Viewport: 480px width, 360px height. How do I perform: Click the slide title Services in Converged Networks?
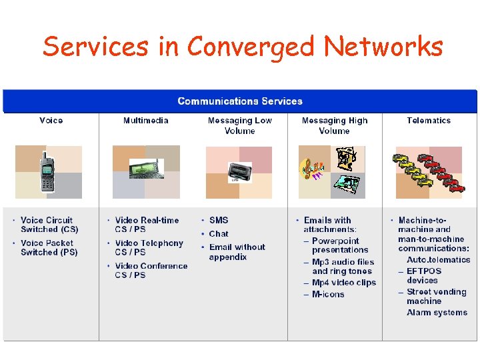[x=243, y=47]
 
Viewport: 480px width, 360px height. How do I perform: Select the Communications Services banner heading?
[x=240, y=101]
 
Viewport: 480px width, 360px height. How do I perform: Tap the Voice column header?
[x=51, y=121]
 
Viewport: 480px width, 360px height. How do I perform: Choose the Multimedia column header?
[x=146, y=121]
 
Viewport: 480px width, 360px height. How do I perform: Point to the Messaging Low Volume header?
[x=240, y=126]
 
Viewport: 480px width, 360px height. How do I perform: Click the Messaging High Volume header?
[x=335, y=126]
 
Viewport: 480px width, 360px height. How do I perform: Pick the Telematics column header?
[x=429, y=121]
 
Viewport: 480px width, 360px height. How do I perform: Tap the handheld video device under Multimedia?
[x=147, y=169]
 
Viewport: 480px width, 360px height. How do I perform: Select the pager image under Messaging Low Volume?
[x=240, y=172]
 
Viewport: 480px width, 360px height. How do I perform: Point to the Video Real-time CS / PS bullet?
[x=147, y=225]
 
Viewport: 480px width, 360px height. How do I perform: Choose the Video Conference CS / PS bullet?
[x=151, y=270]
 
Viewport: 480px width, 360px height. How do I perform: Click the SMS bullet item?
[x=219, y=220]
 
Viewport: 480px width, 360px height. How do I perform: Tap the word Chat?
[x=219, y=234]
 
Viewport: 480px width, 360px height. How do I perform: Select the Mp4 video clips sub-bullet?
[x=344, y=283]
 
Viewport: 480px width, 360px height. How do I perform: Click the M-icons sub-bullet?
[x=328, y=294]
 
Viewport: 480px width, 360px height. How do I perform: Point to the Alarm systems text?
[x=437, y=312]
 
